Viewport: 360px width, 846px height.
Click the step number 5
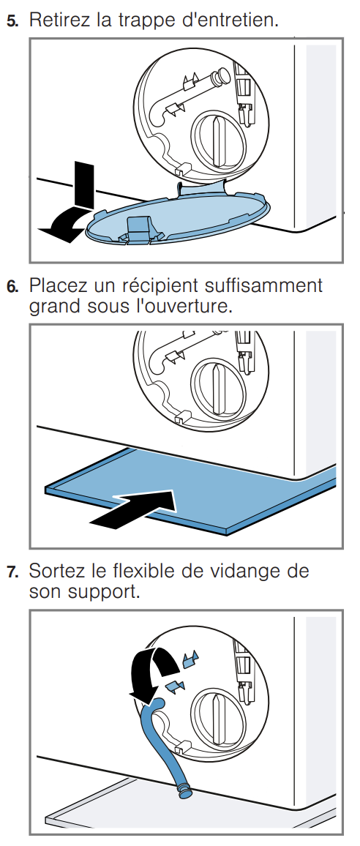pyautogui.click(x=11, y=20)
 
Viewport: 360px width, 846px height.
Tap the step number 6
pyautogui.click(x=11, y=286)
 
